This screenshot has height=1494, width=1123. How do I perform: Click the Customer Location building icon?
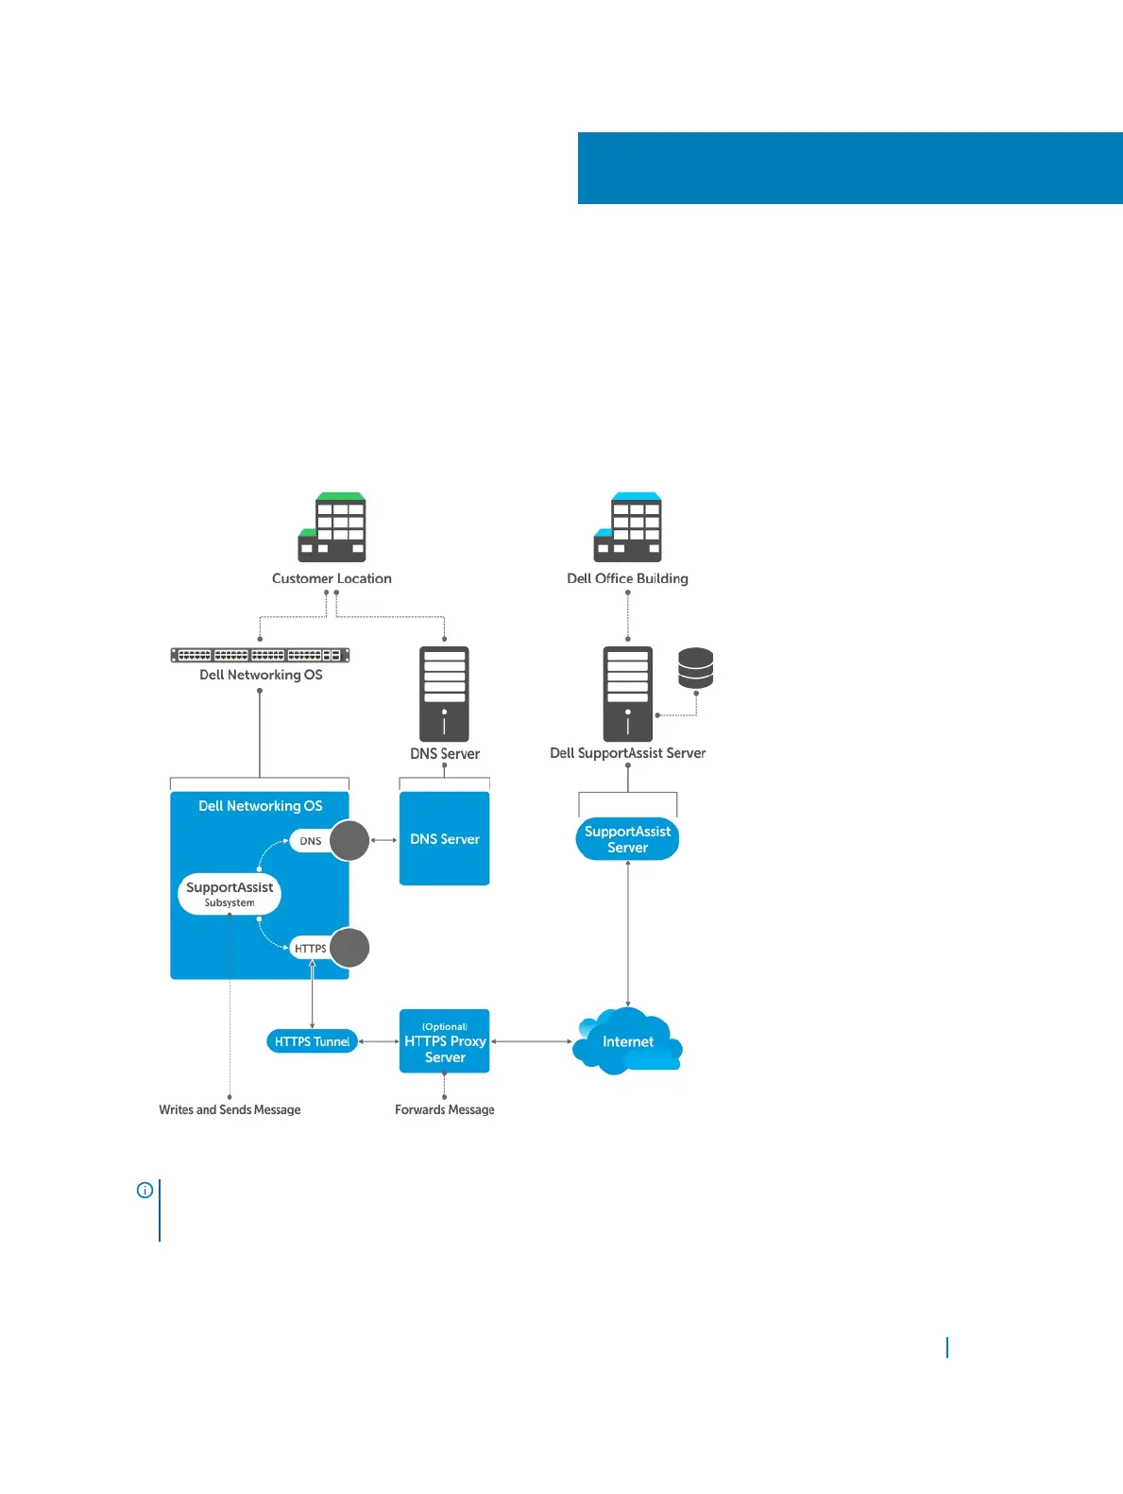pyautogui.click(x=332, y=527)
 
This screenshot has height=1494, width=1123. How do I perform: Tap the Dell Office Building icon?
pyautogui.click(x=628, y=527)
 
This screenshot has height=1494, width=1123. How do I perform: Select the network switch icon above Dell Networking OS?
pyautogui.click(x=260, y=655)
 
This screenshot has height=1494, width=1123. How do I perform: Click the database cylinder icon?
pyautogui.click(x=695, y=668)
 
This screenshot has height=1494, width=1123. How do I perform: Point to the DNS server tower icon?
pyautogui.click(x=444, y=694)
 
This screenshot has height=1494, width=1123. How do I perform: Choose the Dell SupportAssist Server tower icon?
pyautogui.click(x=628, y=694)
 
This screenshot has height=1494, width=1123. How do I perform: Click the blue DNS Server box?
pyautogui.click(x=444, y=838)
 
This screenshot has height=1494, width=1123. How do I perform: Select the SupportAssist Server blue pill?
pyautogui.click(x=627, y=839)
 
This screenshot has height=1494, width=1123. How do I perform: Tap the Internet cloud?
pyautogui.click(x=627, y=1041)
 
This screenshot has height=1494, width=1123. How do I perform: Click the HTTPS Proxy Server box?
pyautogui.click(x=444, y=1041)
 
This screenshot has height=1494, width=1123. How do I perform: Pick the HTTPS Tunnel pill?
pyautogui.click(x=312, y=1041)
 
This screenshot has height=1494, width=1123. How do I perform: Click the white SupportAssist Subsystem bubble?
pyautogui.click(x=230, y=893)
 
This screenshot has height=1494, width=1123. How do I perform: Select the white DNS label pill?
pyautogui.click(x=309, y=841)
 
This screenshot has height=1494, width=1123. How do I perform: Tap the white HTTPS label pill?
pyautogui.click(x=310, y=948)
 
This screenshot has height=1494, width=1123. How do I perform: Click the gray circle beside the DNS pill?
pyautogui.click(x=349, y=840)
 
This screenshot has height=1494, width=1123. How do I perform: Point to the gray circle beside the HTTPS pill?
pyautogui.click(x=349, y=948)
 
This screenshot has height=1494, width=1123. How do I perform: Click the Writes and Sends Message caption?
pyautogui.click(x=230, y=1109)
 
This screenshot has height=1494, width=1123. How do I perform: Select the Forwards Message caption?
pyautogui.click(x=444, y=1109)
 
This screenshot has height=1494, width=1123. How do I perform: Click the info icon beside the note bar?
pyautogui.click(x=145, y=1190)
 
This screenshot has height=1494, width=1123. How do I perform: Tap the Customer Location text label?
pyautogui.click(x=332, y=578)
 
